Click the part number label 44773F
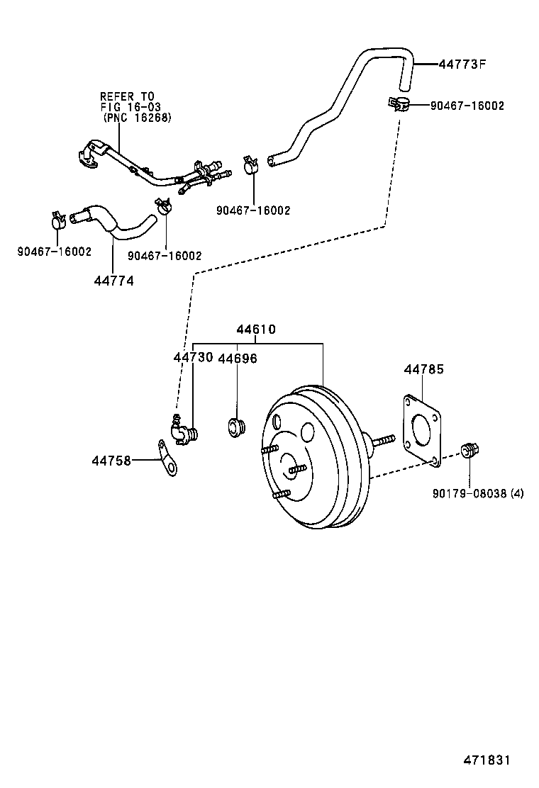click(462, 64)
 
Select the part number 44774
click(113, 280)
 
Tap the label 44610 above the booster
click(256, 330)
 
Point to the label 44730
click(193, 358)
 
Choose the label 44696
click(237, 359)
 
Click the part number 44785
click(424, 369)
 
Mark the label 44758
click(111, 460)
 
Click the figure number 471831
click(487, 760)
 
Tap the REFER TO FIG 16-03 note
click(135, 107)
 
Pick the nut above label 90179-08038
click(468, 450)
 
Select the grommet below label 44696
click(236, 428)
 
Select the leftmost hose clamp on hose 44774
click(58, 220)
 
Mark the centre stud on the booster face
click(297, 468)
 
